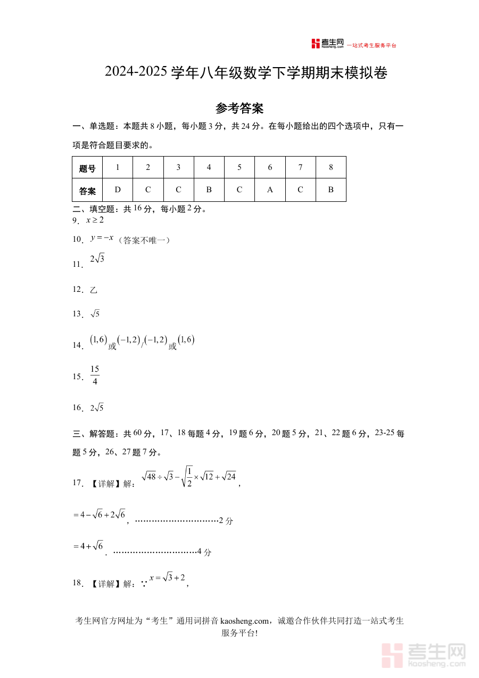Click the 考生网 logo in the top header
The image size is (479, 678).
coord(327,44)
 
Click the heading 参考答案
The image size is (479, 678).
coord(240,109)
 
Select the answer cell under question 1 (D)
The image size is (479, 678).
coord(118,190)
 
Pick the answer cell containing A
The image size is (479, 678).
coord(270,190)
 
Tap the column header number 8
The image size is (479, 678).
coord(331,167)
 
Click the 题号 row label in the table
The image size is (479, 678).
coord(87,168)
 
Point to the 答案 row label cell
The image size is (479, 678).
coord(87,191)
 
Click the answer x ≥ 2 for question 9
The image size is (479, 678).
coord(95,220)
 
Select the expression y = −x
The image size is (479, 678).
coord(102,238)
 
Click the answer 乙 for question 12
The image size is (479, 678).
coord(94,290)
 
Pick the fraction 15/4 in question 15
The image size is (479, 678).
coord(95,375)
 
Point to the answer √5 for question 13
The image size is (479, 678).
coord(95,314)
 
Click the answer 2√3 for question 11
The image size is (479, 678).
coord(97,259)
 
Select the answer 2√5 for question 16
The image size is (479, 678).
coord(97,408)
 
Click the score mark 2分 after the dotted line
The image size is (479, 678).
coord(226,521)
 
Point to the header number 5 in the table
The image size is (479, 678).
coord(240,167)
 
